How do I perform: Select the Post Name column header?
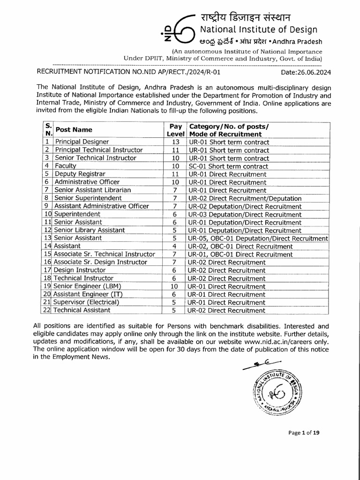[74, 130]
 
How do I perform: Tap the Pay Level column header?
[175, 130]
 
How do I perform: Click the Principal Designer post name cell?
[82, 142]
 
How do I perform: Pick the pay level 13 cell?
[176, 142]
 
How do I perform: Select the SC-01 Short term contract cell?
[228, 166]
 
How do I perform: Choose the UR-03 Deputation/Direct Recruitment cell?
[244, 214]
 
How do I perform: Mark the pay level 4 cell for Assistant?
[174, 246]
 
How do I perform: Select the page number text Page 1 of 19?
[304, 433]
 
